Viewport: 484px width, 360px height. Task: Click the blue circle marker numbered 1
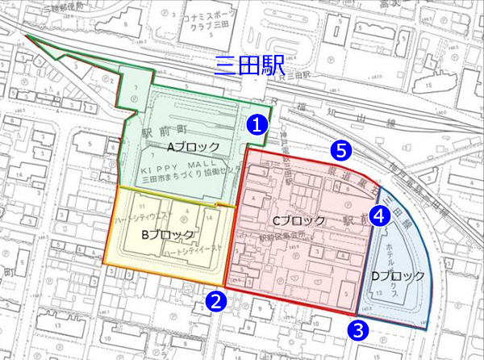click(256, 124)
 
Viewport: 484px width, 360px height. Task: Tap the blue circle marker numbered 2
click(215, 301)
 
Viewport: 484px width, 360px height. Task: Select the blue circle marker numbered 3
click(358, 329)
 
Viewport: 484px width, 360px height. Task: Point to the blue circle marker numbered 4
click(380, 216)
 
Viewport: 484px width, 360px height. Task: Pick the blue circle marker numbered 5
click(341, 149)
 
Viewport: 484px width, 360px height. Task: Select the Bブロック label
click(168, 235)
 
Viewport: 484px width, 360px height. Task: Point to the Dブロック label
click(397, 276)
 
